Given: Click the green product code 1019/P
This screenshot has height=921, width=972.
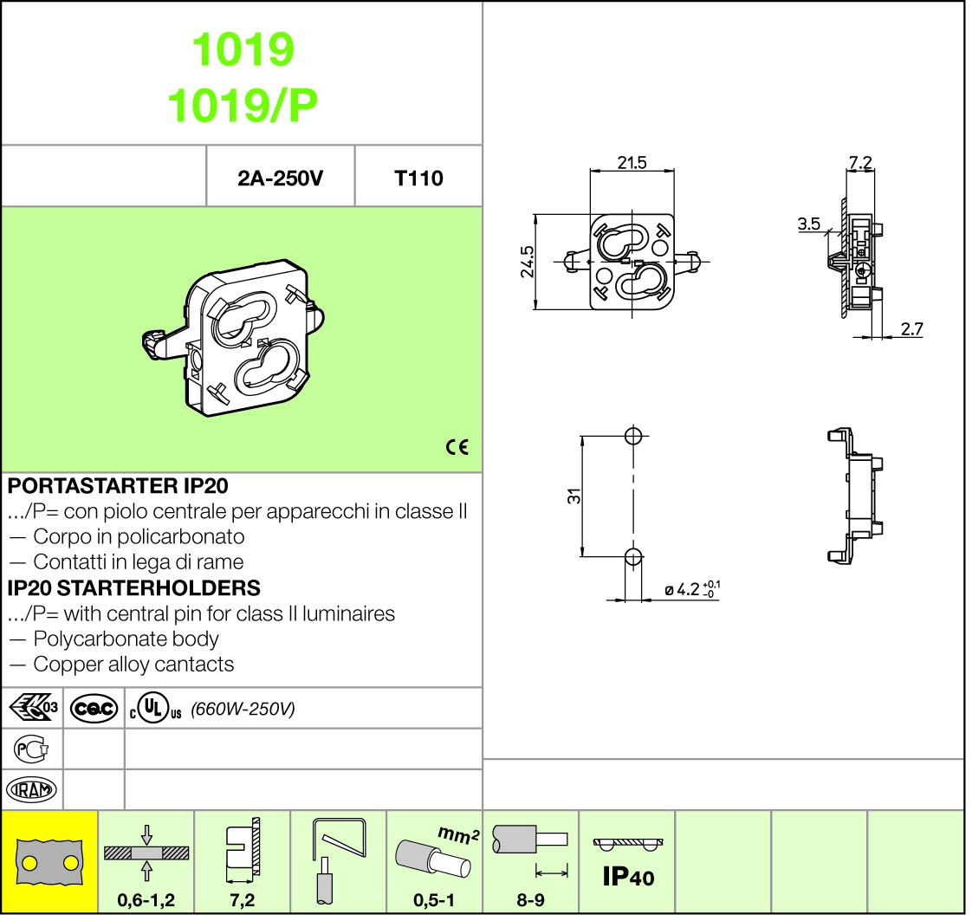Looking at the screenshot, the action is click(243, 105).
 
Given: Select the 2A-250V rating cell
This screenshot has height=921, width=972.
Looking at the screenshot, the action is click(280, 178).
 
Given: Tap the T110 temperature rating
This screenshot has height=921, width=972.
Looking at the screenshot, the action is click(418, 178).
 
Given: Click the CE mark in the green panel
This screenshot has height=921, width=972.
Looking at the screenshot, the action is click(457, 447).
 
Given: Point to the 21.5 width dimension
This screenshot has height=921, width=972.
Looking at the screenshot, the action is click(632, 162).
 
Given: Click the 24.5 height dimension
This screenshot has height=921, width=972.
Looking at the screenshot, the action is click(527, 262).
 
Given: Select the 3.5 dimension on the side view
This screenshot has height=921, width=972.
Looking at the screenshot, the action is click(809, 224).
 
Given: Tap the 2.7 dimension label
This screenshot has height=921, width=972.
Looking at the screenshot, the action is click(912, 328).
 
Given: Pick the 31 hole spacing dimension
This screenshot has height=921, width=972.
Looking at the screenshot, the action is click(574, 496).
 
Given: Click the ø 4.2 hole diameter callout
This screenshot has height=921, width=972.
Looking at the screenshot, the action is click(692, 589).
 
